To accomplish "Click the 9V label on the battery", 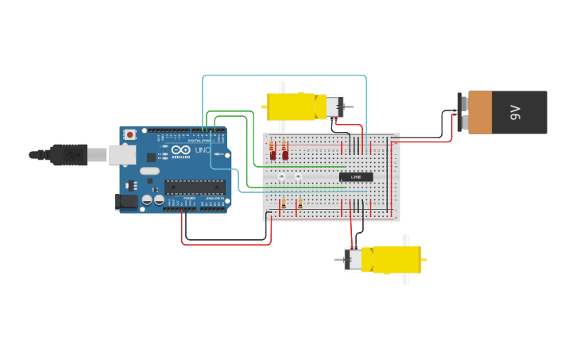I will click(515, 112).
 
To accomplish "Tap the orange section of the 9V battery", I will click(480, 112).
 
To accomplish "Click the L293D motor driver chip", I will click(355, 176).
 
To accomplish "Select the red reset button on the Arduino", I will click(130, 135).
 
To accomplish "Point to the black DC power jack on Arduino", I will click(126, 202).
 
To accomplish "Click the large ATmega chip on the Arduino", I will click(195, 188).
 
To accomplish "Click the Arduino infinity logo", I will click(180, 149).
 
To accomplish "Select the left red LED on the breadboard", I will click(273, 154).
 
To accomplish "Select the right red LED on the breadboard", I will click(285, 154).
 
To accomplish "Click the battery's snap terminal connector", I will click(462, 112).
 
